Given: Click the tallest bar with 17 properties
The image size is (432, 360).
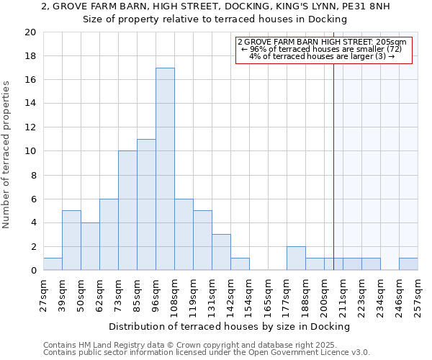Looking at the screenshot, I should (165, 169).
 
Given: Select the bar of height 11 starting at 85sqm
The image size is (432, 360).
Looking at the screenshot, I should (146, 204).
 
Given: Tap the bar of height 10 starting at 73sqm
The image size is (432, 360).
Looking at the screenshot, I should (127, 210).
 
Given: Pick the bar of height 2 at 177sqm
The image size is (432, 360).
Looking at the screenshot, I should (296, 258).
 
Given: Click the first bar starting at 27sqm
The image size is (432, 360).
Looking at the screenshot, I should (53, 264).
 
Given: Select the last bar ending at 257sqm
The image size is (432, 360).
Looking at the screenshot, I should (408, 264).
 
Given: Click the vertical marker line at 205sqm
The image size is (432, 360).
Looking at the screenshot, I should (334, 158).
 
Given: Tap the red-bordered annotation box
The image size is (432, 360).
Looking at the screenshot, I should (324, 50).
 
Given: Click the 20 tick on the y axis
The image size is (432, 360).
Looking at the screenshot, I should (31, 32).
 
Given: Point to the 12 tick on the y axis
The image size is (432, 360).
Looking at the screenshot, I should (31, 127).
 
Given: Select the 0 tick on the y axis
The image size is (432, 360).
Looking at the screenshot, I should (34, 271).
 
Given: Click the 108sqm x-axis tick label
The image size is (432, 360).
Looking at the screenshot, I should (174, 294).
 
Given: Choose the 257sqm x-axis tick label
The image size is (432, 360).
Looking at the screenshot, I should (418, 294).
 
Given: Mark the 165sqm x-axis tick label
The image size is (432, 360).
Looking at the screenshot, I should (268, 294).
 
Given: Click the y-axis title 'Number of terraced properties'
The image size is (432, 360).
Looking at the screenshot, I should (7, 154).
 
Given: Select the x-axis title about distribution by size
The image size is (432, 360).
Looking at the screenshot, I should (230, 326).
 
